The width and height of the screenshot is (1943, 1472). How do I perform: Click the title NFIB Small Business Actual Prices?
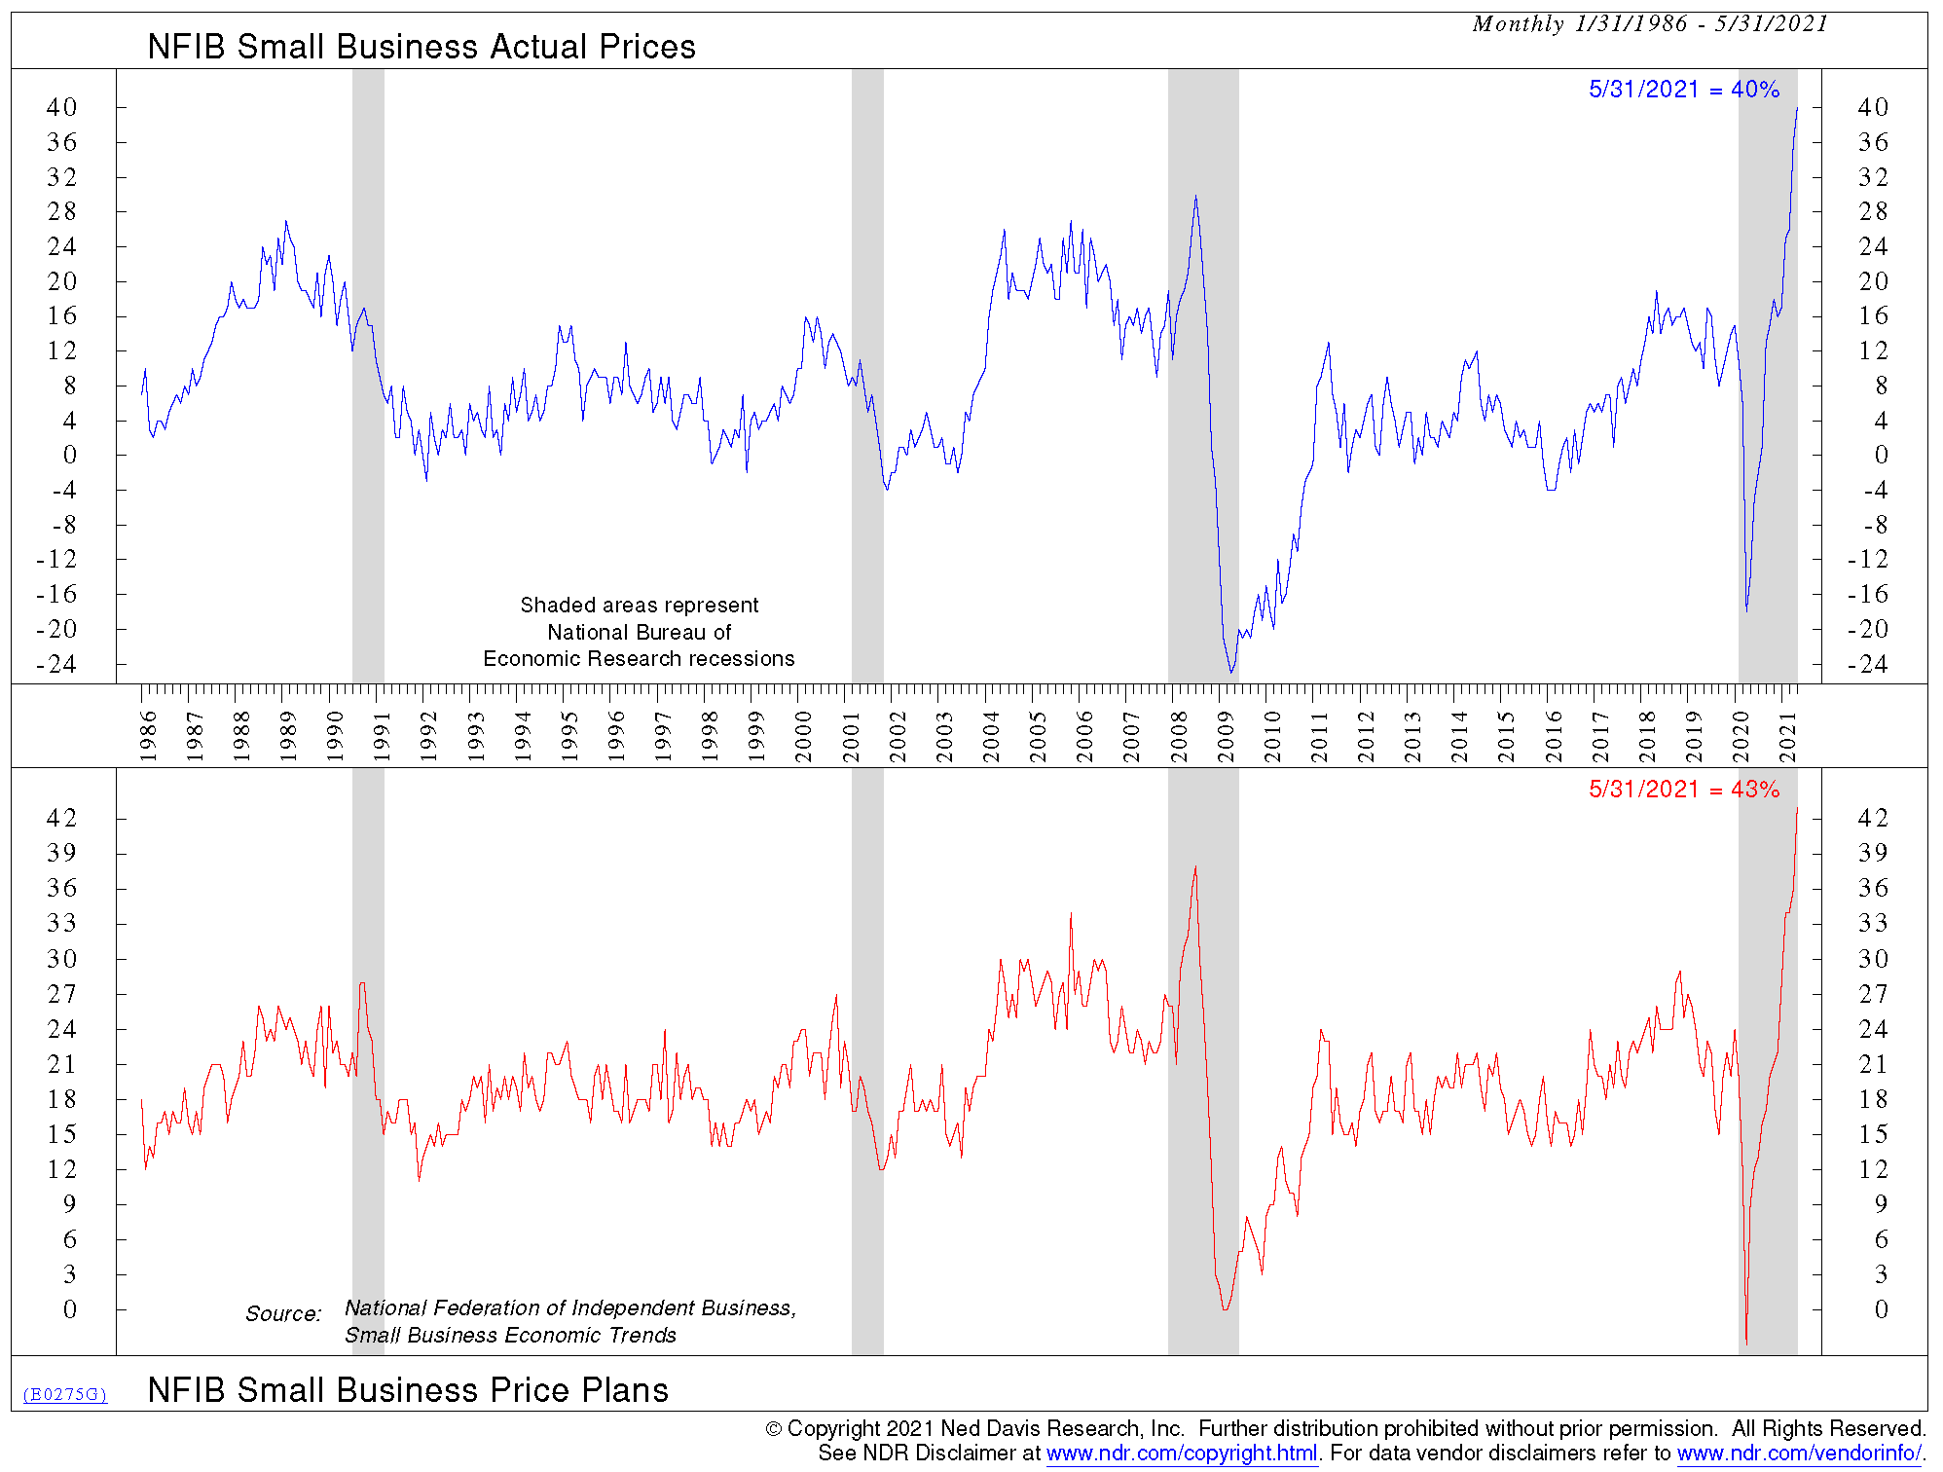(422, 47)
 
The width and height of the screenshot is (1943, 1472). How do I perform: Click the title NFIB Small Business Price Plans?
(408, 1390)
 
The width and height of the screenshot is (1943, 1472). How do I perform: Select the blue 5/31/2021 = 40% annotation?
(1683, 90)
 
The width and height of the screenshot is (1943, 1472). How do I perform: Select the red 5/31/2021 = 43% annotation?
(1683, 790)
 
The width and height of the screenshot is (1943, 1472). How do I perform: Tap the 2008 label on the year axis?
(1179, 737)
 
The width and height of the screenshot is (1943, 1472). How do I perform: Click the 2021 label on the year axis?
(1788, 737)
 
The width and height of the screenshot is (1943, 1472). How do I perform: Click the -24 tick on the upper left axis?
(56, 664)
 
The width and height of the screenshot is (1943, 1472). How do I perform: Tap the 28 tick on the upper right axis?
(1873, 211)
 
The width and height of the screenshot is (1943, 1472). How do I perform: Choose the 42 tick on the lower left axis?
(61, 818)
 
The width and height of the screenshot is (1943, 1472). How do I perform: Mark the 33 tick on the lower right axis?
(1873, 923)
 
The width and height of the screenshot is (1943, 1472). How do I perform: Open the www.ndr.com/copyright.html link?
(1182, 1454)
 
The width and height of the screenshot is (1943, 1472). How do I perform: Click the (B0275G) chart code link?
(65, 1394)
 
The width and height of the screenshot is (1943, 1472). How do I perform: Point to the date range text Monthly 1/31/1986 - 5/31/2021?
(1650, 24)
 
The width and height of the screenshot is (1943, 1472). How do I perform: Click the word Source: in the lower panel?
(282, 1314)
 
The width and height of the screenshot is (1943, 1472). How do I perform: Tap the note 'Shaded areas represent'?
(639, 606)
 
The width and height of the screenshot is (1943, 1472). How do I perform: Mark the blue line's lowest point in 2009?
(1231, 672)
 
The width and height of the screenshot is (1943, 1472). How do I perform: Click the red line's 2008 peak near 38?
(1195, 866)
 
